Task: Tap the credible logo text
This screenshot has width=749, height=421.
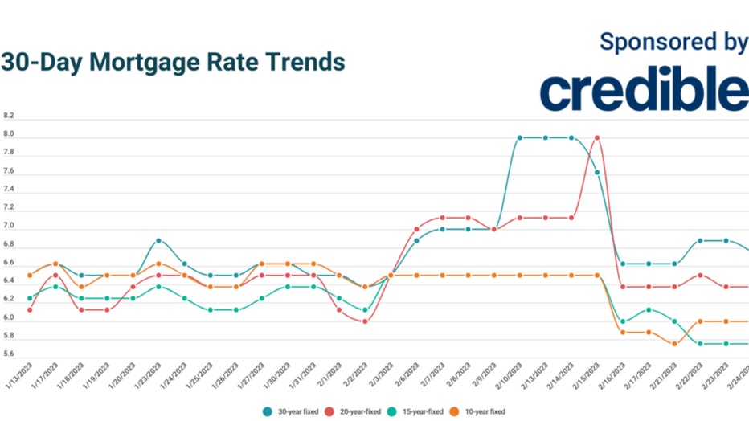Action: click(644, 91)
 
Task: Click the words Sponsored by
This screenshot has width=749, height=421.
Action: click(673, 43)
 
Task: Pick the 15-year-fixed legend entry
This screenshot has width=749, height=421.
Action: click(420, 411)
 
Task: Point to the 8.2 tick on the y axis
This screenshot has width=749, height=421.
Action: click(9, 116)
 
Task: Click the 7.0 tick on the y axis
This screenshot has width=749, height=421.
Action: click(9, 227)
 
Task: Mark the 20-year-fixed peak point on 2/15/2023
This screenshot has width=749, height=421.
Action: click(597, 137)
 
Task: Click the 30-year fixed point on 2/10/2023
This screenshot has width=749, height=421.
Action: click(520, 137)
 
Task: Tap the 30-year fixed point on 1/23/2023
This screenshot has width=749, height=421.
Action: click(158, 240)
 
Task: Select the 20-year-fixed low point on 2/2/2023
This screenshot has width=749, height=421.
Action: click(365, 321)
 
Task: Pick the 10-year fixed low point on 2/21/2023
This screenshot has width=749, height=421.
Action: click(674, 344)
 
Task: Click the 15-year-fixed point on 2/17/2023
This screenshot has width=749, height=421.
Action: click(649, 309)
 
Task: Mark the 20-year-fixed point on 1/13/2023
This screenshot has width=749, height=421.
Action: click(30, 309)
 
